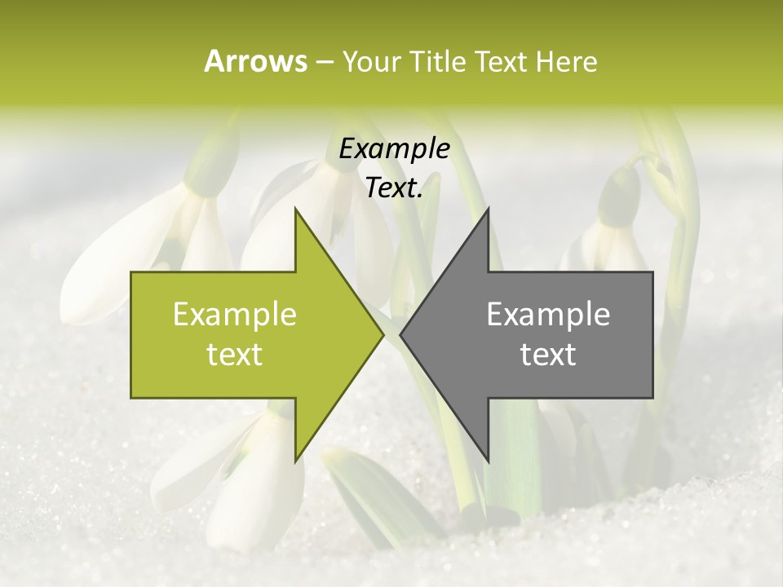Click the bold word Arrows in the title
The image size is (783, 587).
255,61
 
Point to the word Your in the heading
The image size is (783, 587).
371,61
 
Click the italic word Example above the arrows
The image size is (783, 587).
394,149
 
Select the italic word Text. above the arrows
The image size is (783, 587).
394,188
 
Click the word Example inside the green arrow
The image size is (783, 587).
234,315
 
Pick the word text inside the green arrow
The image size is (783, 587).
234,355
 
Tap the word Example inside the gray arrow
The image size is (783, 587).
548,315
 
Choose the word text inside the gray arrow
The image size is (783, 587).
548,355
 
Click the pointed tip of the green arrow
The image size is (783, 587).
383,334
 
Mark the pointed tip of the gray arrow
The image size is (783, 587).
400,334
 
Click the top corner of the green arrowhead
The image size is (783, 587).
295,208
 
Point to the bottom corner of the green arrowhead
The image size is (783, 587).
295,461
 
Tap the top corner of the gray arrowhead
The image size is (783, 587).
488,208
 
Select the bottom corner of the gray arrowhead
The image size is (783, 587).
488,461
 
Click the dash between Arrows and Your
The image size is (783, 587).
324,62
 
